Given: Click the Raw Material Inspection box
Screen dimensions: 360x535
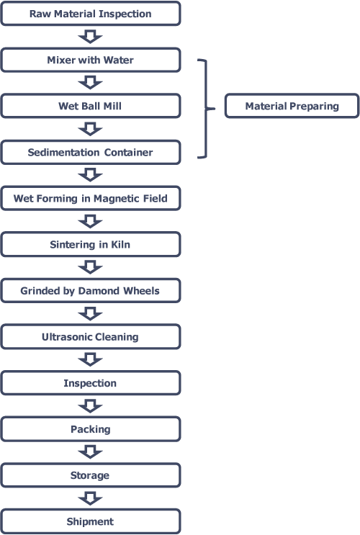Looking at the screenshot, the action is coord(91,14).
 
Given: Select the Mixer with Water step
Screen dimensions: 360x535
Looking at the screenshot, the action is coord(91,60).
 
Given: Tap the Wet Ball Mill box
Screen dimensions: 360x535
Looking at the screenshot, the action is coord(91,106).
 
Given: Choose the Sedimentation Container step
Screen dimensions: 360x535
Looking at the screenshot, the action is coord(91,152).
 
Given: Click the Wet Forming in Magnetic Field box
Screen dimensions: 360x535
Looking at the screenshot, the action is coord(91,198).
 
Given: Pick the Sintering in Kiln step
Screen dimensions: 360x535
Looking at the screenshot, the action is coord(91,244).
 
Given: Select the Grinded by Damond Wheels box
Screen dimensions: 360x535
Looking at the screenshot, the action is coord(91,291).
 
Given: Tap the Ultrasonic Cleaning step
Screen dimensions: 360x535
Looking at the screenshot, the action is coord(91,337).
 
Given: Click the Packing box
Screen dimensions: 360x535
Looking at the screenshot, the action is coord(91,429).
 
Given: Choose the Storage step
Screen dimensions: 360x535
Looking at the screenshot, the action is coord(91,475).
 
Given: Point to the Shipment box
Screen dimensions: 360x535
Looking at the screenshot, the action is coord(91,521).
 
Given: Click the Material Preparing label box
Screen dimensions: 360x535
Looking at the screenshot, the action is coord(292,106).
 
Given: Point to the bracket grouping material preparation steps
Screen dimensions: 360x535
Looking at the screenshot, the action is coord(206,109).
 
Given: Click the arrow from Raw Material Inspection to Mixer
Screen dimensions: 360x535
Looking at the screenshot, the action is coord(90,37).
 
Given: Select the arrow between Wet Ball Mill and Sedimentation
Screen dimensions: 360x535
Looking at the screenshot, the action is coord(90,130).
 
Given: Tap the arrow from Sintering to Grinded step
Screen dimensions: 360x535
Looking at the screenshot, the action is coord(90,268).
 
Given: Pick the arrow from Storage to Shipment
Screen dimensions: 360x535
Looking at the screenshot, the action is coord(90,498).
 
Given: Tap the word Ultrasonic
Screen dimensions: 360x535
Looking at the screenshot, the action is coord(64,337).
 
